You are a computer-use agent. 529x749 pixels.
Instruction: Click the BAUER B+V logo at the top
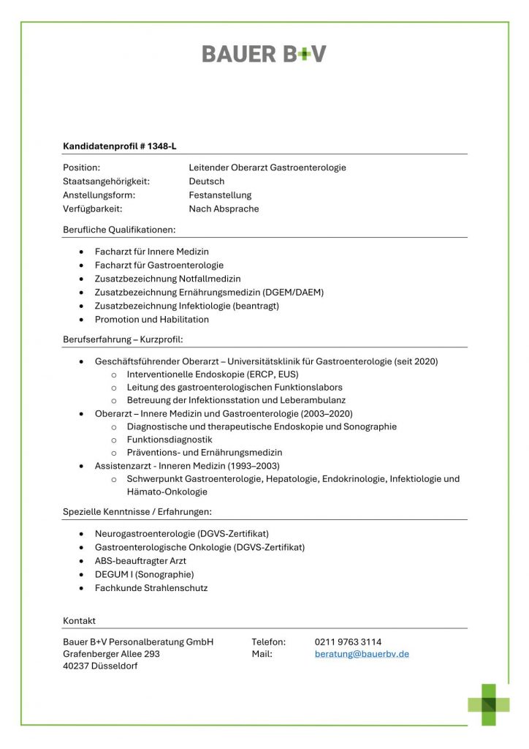(x=264, y=54)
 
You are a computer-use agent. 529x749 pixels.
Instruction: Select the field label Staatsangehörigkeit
(x=107, y=181)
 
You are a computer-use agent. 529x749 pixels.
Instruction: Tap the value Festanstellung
(x=220, y=195)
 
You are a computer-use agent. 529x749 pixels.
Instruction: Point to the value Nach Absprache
(x=224, y=209)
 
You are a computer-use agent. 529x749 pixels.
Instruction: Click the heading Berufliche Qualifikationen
(x=119, y=230)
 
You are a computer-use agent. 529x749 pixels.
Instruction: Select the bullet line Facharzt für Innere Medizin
(x=151, y=252)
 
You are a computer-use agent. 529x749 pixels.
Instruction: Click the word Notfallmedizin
(x=210, y=279)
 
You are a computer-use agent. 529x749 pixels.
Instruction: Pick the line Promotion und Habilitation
(x=151, y=320)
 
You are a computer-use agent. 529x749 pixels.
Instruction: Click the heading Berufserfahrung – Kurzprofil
(x=123, y=340)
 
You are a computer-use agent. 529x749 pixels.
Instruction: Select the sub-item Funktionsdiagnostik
(x=170, y=440)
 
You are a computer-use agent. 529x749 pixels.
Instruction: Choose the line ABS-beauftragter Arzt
(x=140, y=561)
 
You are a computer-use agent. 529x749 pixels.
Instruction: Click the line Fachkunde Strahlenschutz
(x=151, y=588)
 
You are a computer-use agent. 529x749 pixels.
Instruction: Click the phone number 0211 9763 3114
(x=348, y=642)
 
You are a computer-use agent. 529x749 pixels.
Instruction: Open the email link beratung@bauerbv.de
(x=362, y=654)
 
